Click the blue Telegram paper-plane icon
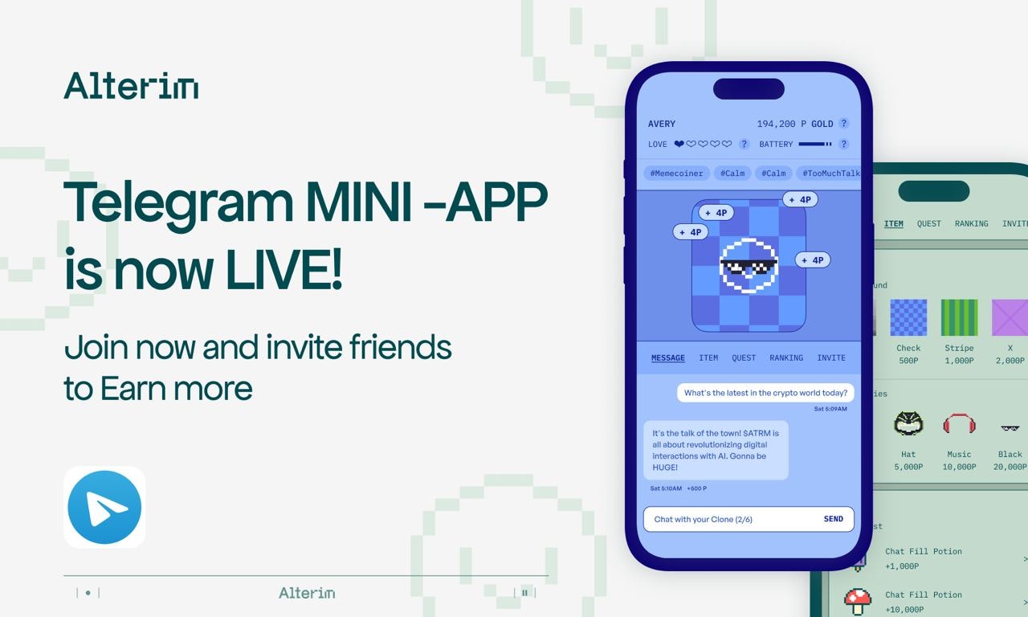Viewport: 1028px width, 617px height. pos(104,507)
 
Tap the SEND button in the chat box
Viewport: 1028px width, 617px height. pos(833,519)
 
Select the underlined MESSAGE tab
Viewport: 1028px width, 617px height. pos(667,358)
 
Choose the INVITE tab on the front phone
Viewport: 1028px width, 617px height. pos(831,358)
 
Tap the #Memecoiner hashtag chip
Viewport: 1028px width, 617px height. pos(676,173)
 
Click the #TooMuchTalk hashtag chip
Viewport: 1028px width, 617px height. pos(830,173)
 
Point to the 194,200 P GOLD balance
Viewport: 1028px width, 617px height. pos(795,124)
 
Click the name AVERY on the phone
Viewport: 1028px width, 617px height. pos(662,124)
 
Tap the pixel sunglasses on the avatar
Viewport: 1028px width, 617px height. pos(749,265)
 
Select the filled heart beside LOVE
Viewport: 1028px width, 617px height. pos(679,145)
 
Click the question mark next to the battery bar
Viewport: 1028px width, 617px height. pos(843,145)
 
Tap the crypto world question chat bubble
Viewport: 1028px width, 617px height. pos(765,393)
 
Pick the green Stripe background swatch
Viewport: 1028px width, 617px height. pos(959,317)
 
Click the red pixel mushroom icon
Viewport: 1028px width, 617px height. pos(858,600)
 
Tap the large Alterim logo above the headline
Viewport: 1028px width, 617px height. pos(131,86)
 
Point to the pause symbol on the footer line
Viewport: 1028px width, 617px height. pos(524,593)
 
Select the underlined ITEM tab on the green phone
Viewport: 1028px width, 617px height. pos(893,224)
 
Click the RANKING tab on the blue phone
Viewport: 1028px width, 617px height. pos(785,358)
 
